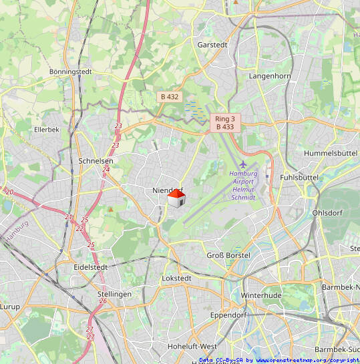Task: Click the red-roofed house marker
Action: coord(176,198)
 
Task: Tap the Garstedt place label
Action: coord(212,45)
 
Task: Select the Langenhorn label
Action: coord(269,76)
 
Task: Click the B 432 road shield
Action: coord(170,97)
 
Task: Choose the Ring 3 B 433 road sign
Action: coord(224,122)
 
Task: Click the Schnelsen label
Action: coord(96,161)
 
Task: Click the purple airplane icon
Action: coord(242,164)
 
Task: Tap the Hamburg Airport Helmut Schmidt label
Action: coord(242,185)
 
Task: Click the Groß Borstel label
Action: coord(228,256)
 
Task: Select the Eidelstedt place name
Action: coord(92,266)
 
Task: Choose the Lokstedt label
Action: coord(177,278)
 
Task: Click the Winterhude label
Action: coord(262,295)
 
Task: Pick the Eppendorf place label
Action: coord(228,314)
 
